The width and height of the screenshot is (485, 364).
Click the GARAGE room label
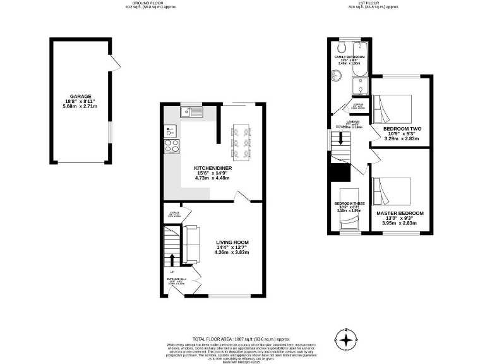click(x=80, y=97)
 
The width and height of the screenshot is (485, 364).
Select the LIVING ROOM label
click(x=232, y=243)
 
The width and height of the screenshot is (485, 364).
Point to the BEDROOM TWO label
click(x=402, y=129)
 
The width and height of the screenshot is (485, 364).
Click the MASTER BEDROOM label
click(x=400, y=214)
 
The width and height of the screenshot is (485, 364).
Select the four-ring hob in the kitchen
click(x=171, y=146)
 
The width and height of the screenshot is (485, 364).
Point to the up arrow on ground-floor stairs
click(x=171, y=259)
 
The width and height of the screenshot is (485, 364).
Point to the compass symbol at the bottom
click(x=346, y=342)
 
